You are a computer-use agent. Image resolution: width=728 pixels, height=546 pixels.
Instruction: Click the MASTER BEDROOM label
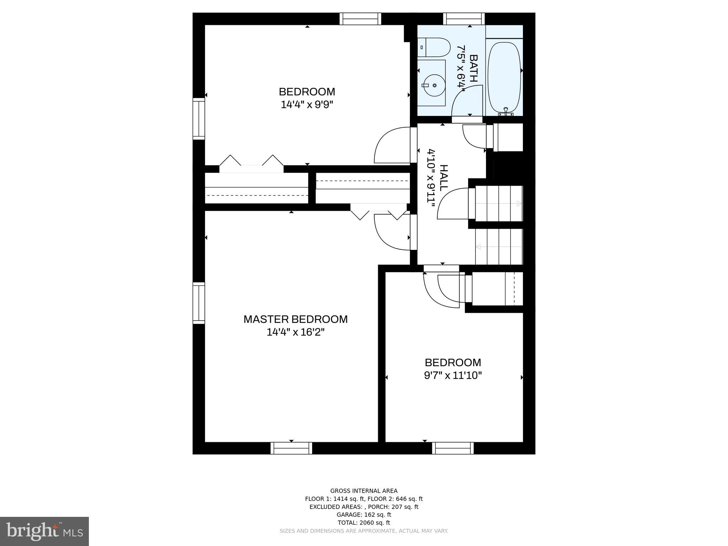click(x=295, y=319)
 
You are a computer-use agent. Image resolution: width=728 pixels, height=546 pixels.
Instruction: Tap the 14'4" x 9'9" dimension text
click(x=307, y=105)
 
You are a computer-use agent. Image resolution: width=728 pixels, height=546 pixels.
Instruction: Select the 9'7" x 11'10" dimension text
click(x=453, y=376)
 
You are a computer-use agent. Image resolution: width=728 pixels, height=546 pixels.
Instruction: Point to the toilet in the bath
click(x=434, y=47)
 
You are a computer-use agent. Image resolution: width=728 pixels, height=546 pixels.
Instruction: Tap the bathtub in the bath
click(x=504, y=76)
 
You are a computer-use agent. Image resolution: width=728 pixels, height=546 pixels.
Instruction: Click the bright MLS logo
click(x=44, y=531)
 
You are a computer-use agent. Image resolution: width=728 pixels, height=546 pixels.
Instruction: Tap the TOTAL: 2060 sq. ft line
click(x=364, y=523)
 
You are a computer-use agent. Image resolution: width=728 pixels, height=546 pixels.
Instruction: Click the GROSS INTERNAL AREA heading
click(x=364, y=491)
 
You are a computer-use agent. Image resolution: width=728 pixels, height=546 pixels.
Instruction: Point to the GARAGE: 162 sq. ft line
click(x=364, y=515)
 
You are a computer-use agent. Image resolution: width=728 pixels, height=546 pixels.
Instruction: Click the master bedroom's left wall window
click(x=199, y=303)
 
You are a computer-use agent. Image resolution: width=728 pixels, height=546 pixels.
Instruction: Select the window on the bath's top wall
click(x=464, y=18)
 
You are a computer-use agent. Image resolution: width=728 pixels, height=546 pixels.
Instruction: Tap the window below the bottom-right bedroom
click(x=453, y=448)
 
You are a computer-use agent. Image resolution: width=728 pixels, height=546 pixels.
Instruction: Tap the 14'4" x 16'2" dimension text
click(x=295, y=332)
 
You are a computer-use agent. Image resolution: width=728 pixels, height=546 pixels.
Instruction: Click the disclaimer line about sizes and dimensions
click(x=364, y=531)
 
